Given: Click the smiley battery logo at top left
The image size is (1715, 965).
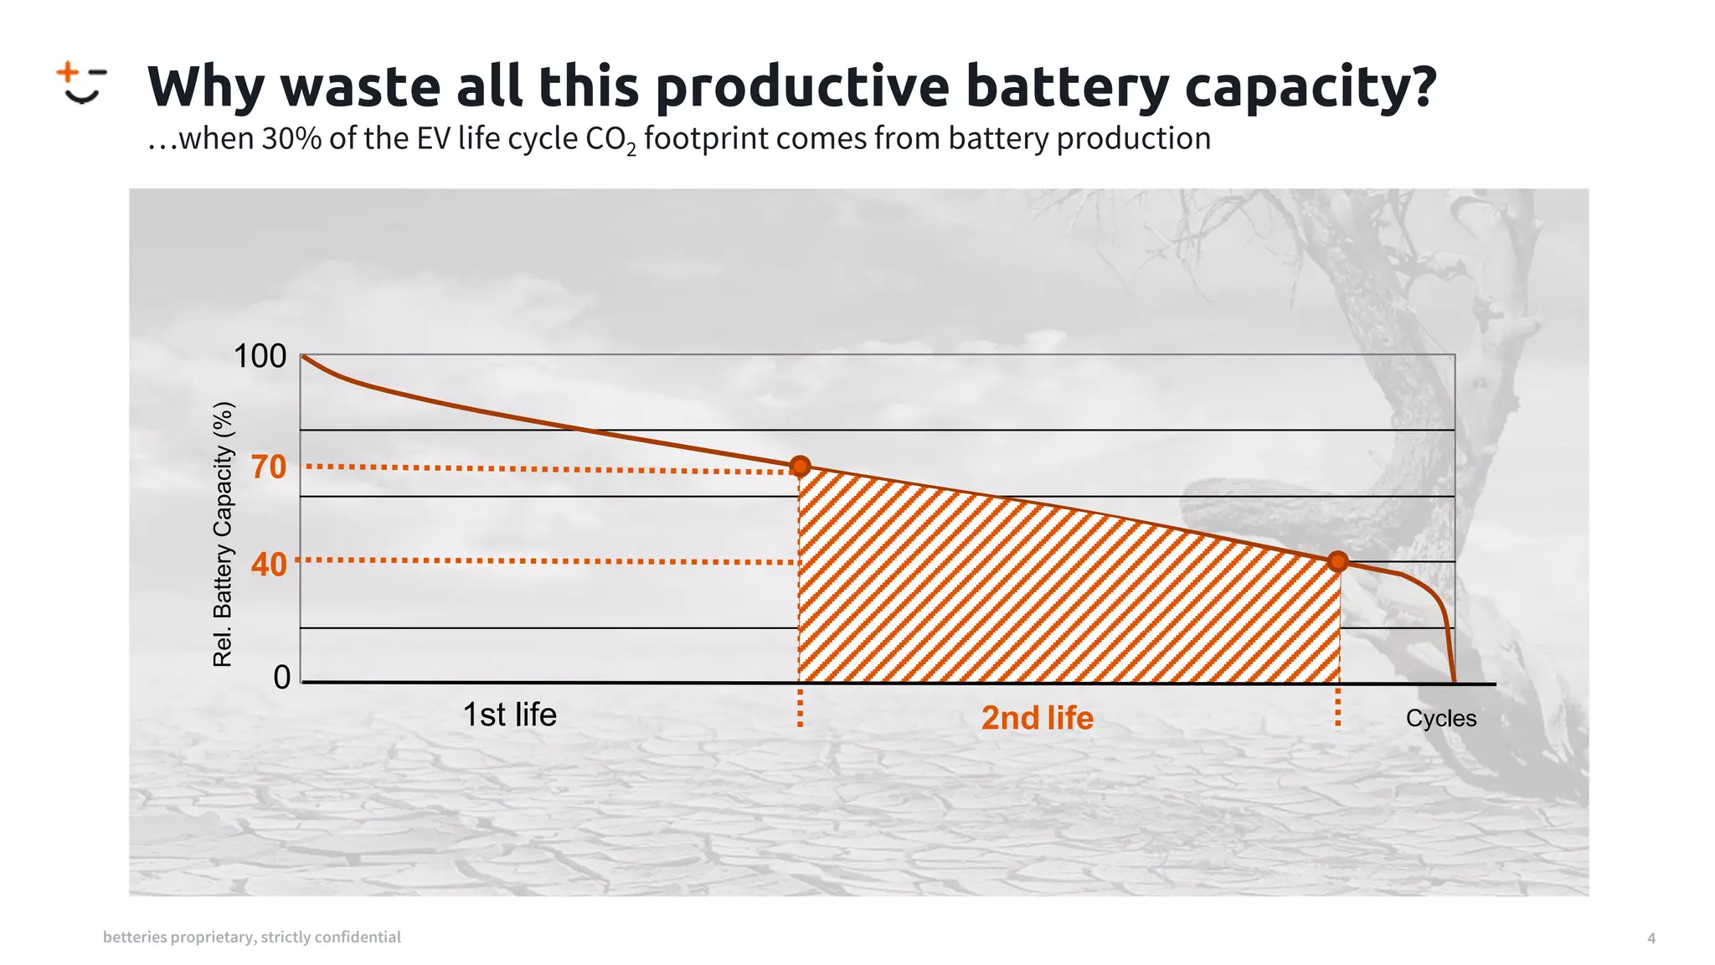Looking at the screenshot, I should click(x=81, y=83).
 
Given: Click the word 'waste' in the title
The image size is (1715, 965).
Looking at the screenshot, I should click(x=360, y=86).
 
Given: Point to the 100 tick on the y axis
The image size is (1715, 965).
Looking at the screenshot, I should click(x=260, y=357).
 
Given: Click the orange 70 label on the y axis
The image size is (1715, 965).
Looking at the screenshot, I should click(x=269, y=467).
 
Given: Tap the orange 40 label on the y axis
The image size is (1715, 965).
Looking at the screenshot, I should click(x=269, y=565).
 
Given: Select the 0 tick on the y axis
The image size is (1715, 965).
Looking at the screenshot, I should click(x=282, y=677).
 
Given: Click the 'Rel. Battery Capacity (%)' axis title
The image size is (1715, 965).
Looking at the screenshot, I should click(x=222, y=534).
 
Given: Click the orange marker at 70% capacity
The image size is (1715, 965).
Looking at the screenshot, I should click(x=801, y=466).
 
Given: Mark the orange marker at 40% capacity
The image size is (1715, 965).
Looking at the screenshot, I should click(x=1338, y=561).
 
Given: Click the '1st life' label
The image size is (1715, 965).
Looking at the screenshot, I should click(x=509, y=715).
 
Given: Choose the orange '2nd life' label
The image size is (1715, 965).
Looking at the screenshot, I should click(x=1037, y=718).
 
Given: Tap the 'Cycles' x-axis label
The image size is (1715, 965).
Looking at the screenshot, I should click(x=1440, y=718).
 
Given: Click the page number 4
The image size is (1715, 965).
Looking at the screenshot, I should click(x=1651, y=938).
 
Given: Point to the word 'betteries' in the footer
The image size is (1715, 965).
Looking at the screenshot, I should click(x=134, y=937).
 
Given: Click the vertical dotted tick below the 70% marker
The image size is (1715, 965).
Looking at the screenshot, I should click(x=801, y=708).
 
